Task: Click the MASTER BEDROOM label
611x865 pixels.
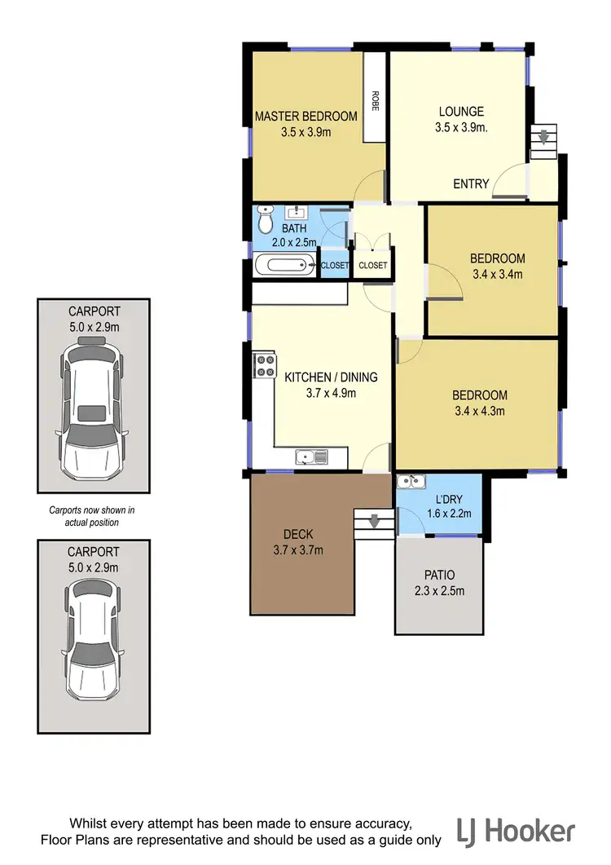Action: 305,117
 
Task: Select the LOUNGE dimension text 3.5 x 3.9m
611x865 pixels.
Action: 461,127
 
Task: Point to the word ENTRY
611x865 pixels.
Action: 471,184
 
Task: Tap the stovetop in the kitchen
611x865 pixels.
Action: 264,364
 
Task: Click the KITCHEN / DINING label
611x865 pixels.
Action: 331,377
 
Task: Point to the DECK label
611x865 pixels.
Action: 298,535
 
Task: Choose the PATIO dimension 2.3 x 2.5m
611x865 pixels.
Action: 439,591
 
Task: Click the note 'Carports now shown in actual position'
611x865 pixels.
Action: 91,516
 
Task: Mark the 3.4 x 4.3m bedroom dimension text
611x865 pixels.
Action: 478,411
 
